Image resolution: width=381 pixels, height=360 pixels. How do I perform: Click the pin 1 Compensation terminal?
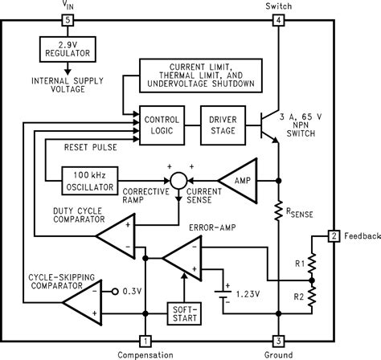click(x=145, y=340)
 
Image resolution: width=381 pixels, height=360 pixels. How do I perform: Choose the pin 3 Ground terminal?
click(x=278, y=340)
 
